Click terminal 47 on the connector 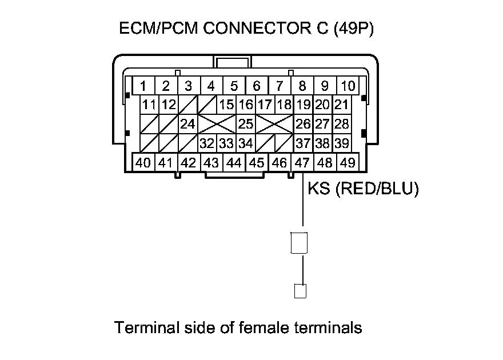coord(302,162)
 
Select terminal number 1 coord(143,86)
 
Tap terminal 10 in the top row coord(348,86)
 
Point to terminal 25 coord(245,124)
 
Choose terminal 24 coord(187,124)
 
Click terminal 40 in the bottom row coord(143,162)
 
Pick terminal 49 coord(347,162)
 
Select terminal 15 coord(227,105)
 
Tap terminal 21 coord(341,105)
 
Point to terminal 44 coord(234,162)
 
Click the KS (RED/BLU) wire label coord(363,189)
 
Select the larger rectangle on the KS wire coord(299,243)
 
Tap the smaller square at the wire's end coord(300,290)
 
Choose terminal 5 coord(234,86)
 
